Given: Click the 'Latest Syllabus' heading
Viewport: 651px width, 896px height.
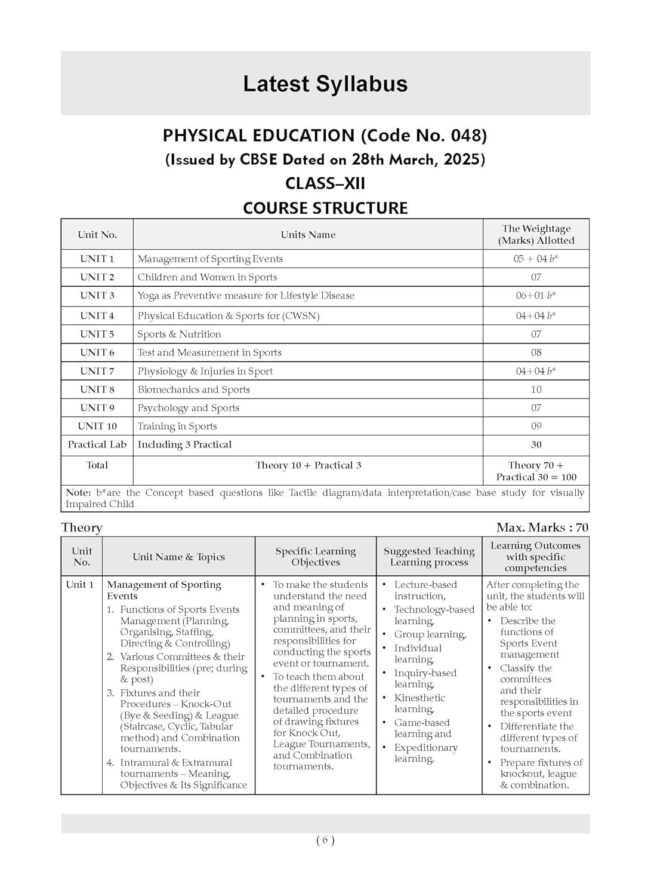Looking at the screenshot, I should pyautogui.click(x=325, y=84).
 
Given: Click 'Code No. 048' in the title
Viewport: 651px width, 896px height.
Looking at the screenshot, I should pyautogui.click(x=424, y=136).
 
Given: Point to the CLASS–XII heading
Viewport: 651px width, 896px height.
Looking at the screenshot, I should pyautogui.click(x=325, y=183).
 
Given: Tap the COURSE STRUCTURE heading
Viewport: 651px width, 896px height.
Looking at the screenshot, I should pyautogui.click(x=325, y=208).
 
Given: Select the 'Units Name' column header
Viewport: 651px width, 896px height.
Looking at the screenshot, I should pyautogui.click(x=308, y=235).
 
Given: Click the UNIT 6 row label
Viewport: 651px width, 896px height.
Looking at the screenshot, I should pyautogui.click(x=97, y=352).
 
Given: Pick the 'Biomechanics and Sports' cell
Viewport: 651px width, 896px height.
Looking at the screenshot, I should pyautogui.click(x=194, y=389).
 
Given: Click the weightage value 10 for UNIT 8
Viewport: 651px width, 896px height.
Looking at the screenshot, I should pyautogui.click(x=536, y=389).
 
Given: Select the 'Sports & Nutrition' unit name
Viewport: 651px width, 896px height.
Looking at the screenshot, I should pyautogui.click(x=180, y=334).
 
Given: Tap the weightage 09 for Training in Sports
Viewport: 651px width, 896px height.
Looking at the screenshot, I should pyautogui.click(x=536, y=426).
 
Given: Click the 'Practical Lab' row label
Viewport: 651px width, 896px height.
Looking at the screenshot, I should pyautogui.click(x=97, y=444).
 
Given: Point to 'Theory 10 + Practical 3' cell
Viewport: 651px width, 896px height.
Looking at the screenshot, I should pyautogui.click(x=308, y=465).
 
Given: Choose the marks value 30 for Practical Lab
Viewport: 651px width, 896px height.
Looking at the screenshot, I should pyautogui.click(x=536, y=444).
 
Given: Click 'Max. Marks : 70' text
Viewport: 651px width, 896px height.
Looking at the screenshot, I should pyautogui.click(x=542, y=527).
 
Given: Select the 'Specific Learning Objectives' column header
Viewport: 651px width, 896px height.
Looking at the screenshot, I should pyautogui.click(x=316, y=557).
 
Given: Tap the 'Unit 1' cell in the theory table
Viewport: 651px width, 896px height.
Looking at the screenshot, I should pyautogui.click(x=80, y=585).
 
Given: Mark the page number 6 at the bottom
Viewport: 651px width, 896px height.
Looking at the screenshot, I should pyautogui.click(x=325, y=840).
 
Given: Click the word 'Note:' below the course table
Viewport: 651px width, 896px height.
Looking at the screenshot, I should pyautogui.click(x=78, y=493).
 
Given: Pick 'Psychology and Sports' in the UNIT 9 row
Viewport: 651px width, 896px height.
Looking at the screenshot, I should pyautogui.click(x=189, y=408).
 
